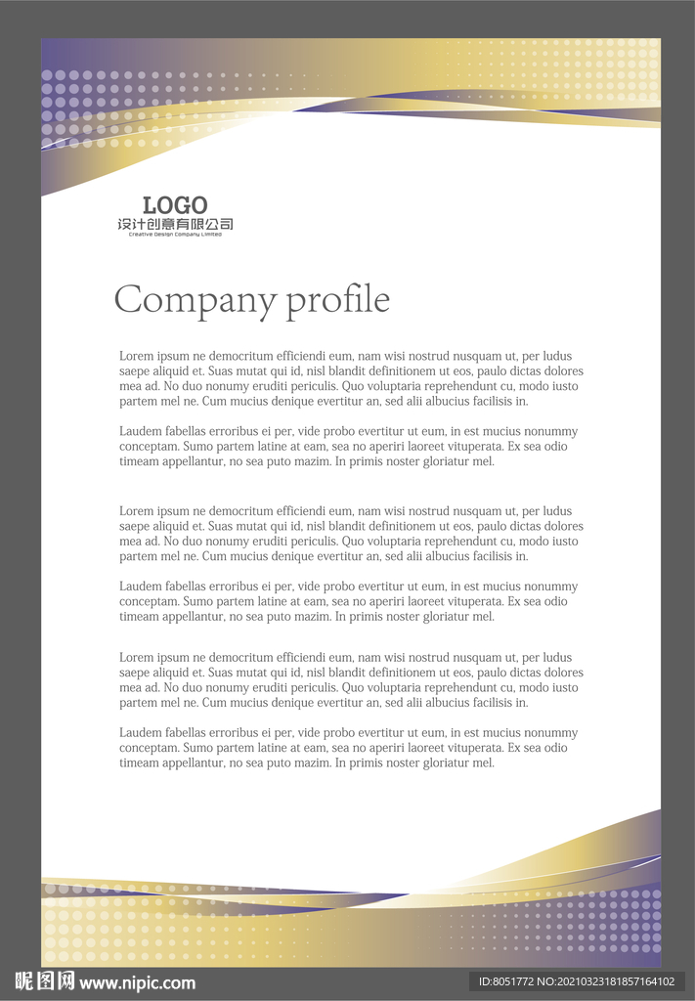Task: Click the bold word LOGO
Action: coord(175,205)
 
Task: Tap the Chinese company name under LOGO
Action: coord(175,224)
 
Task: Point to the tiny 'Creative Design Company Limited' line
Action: coord(175,235)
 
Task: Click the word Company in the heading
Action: coord(195,299)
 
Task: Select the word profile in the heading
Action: coord(337,300)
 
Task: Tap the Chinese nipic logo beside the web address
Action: coord(44,981)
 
